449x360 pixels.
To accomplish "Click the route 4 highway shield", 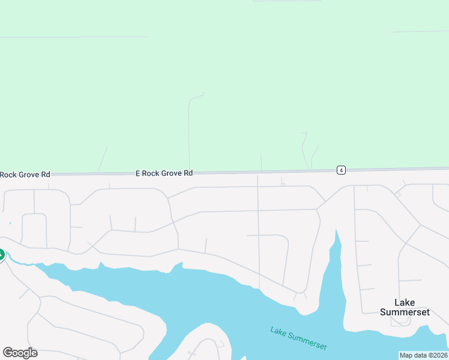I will click(x=341, y=170).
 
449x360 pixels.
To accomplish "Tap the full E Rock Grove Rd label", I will click(x=164, y=173).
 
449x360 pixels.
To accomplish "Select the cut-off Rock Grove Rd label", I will click(x=25, y=175).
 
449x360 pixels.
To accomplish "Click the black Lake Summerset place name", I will click(x=405, y=307).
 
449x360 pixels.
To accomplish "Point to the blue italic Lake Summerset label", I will click(x=298, y=338).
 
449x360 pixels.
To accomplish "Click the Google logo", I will click(x=20, y=353).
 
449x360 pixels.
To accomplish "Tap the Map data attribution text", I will click(x=423, y=355).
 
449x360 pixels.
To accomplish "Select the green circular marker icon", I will click(x=1, y=255).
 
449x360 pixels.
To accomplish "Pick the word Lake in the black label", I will click(x=405, y=302).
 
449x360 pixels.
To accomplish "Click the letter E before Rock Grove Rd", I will click(x=137, y=173).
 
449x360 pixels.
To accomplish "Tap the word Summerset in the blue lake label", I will click(x=307, y=341).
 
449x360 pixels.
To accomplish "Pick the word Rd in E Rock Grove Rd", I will click(x=188, y=173).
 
